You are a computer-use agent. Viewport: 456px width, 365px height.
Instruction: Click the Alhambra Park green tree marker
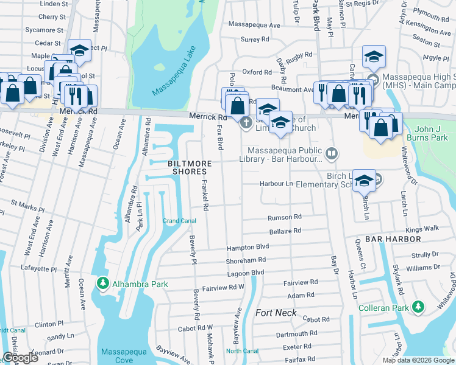coord(103,283)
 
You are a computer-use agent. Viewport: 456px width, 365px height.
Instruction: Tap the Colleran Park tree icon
coord(418,307)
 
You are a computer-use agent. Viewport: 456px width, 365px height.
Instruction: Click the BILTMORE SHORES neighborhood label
coord(190,168)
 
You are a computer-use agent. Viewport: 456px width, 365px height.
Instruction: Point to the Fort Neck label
coord(276,313)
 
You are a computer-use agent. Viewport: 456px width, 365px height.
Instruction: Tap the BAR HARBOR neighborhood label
coord(391,240)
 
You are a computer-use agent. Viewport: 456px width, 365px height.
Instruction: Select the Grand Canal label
coord(179,220)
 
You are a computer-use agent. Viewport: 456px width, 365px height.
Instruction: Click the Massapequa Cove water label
coord(117,356)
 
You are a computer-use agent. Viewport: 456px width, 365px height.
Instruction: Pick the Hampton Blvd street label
coord(248,248)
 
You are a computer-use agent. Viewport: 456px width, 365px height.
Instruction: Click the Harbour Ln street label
coord(277,183)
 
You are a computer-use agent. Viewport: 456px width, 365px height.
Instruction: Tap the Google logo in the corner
coord(20,358)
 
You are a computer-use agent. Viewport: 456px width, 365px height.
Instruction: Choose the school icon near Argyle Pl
coord(374,57)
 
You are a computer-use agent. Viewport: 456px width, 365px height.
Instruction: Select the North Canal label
coord(242,350)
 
